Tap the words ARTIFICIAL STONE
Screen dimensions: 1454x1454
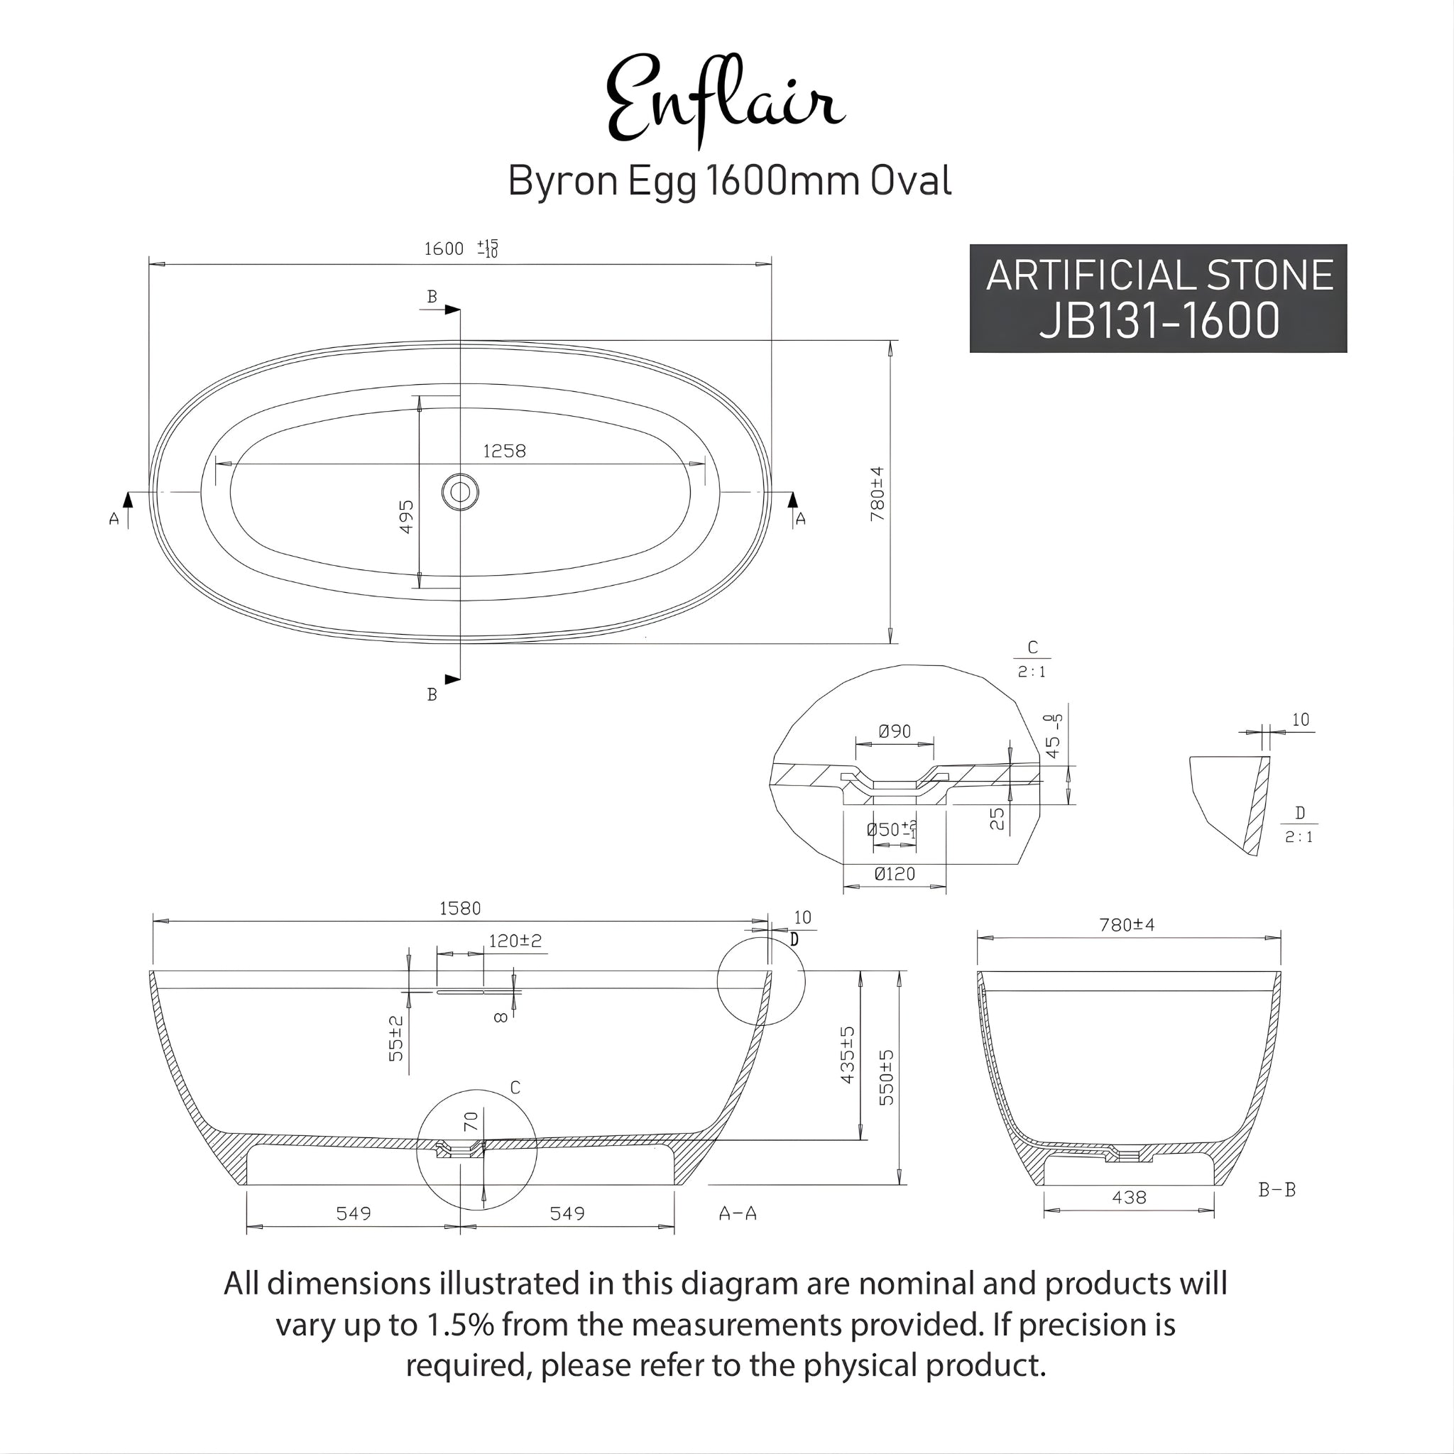click(1159, 275)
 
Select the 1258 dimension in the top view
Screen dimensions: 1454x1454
click(504, 451)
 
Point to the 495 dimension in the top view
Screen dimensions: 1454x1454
click(405, 516)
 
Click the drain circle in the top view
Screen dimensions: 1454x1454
click(460, 492)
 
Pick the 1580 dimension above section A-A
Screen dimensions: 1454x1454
click(460, 908)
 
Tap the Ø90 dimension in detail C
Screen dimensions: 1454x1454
click(894, 731)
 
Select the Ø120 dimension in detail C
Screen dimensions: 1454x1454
click(895, 875)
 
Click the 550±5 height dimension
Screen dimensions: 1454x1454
click(887, 1077)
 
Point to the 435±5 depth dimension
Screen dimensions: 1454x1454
click(848, 1055)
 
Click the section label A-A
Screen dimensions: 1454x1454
click(738, 1213)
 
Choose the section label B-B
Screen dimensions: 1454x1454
click(1277, 1190)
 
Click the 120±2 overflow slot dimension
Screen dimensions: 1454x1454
click(515, 941)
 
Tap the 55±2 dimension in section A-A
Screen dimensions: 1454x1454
click(396, 1039)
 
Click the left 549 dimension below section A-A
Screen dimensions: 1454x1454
click(353, 1213)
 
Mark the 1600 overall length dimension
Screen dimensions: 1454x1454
click(444, 249)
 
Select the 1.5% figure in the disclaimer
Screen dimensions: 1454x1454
click(460, 1325)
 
